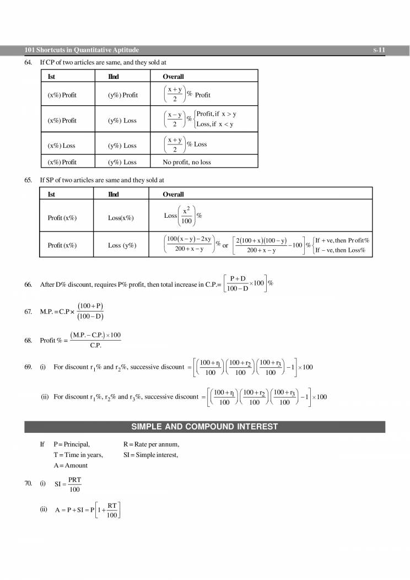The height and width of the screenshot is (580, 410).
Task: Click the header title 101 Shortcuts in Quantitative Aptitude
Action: pos(82,50)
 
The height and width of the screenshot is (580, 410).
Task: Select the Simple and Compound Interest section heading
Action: pos(204,427)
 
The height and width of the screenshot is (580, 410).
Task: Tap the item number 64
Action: pos(29,62)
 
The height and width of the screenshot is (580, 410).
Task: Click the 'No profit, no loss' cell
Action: pos(186,162)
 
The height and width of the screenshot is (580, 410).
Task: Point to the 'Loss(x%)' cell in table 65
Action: pos(121,218)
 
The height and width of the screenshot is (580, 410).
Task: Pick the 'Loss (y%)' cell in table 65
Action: pos(122,245)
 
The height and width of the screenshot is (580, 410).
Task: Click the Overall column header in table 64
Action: pos(173,77)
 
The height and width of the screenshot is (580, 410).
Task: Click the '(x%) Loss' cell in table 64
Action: pos(61,146)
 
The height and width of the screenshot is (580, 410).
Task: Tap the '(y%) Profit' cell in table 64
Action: pos(123,95)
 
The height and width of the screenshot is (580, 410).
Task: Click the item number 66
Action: pos(29,284)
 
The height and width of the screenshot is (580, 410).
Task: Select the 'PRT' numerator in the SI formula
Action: pos(75,479)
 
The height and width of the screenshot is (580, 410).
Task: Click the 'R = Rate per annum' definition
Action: pos(151,444)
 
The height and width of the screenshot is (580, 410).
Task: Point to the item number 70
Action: pos(29,484)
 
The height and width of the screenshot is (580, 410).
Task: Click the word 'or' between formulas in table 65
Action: pos(225,245)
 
